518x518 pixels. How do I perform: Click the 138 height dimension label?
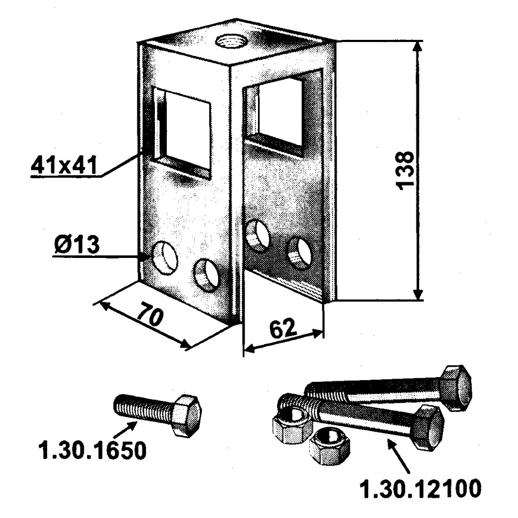click(407, 170)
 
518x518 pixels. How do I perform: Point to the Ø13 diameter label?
click(75, 245)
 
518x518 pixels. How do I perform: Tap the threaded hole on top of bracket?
click(228, 40)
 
